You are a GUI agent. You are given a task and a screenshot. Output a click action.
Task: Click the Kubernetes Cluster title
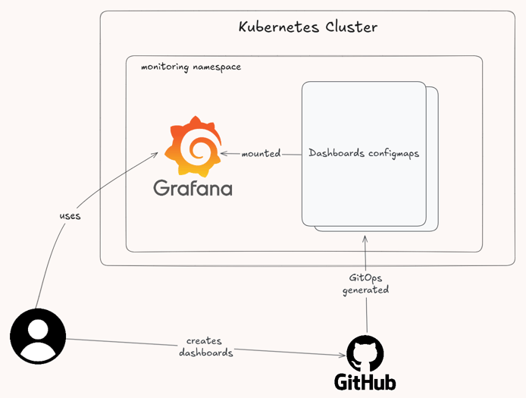click(x=308, y=28)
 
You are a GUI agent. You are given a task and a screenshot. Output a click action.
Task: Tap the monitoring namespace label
click(x=191, y=67)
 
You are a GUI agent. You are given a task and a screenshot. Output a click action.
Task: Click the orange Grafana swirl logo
click(x=193, y=147)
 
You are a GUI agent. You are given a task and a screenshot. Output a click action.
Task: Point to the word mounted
click(x=261, y=154)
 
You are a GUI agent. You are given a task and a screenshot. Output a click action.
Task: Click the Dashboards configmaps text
click(x=364, y=153)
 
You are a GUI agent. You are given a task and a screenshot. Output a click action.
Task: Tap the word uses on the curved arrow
click(x=70, y=216)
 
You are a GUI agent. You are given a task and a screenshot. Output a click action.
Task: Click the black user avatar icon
click(x=38, y=336)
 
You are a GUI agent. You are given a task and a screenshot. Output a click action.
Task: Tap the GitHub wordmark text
click(x=365, y=381)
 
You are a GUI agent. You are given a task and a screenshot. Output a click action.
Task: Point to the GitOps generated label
click(x=366, y=284)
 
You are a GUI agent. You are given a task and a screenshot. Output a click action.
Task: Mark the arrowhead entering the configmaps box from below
click(x=365, y=238)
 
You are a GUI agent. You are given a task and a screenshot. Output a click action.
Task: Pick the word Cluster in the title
click(x=351, y=28)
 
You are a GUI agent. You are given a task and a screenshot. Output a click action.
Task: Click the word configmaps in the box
click(x=393, y=153)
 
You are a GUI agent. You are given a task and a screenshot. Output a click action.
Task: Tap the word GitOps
click(x=366, y=278)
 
